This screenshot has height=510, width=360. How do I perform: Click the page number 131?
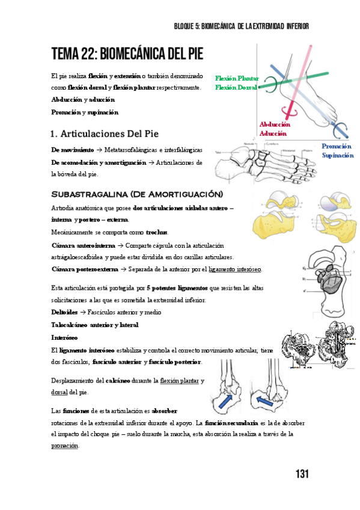302,474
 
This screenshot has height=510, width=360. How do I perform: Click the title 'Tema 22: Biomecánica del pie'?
127,55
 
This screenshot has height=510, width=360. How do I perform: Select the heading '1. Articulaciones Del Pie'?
105,132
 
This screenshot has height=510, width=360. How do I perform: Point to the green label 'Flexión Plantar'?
237,79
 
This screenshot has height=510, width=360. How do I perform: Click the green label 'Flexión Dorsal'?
236,87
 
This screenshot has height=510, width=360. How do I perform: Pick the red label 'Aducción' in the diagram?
272,133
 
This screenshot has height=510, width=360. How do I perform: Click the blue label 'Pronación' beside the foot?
337,146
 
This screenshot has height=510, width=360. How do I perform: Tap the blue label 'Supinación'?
337,155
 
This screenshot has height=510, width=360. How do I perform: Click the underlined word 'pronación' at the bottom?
65,446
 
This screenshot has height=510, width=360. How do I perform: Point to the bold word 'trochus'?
157,232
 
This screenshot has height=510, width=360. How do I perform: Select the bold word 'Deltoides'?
64,312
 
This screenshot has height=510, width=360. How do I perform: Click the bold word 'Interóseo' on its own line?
64,337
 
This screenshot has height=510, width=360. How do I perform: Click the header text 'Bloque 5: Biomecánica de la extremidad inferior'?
240,26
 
